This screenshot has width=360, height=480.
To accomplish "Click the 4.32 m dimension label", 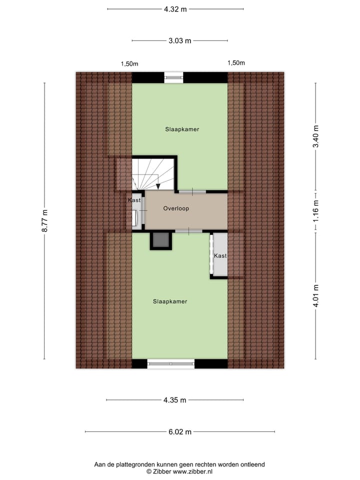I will point(175,9).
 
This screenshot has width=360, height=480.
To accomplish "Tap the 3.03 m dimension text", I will point(179,40).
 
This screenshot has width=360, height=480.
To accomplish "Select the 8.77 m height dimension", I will point(44,220).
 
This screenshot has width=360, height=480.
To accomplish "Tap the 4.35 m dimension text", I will point(175,400).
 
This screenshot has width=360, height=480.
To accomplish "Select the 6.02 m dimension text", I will point(179,432).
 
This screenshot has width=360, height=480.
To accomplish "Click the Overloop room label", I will point(176,209).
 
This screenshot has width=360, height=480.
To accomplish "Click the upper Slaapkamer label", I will point(182,129).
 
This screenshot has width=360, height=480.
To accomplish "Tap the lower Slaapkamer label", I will point(170,301).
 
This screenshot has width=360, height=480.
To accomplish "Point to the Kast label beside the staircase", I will point(134,200).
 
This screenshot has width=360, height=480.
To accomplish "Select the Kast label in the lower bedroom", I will point(220,255).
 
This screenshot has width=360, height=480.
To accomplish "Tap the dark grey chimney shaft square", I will point(161,240).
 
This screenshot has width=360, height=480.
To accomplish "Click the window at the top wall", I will point(174,77).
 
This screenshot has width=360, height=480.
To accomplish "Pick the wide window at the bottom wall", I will point(171,364).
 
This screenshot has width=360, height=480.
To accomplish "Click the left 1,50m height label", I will point(129,63).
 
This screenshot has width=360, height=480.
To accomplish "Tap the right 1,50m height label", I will point(236,63).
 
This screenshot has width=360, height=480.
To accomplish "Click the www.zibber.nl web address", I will point(192,471).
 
